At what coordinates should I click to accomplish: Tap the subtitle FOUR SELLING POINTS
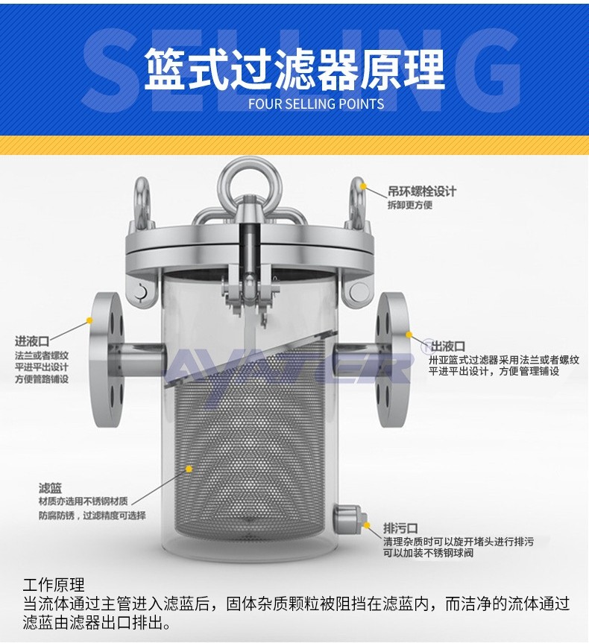tap(316, 104)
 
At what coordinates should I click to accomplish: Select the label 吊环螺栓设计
tap(422, 191)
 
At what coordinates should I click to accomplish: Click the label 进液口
tap(32, 340)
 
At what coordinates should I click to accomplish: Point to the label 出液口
tap(448, 347)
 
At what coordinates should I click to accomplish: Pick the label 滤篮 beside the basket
tap(51, 488)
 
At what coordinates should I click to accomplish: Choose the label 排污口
tap(400, 528)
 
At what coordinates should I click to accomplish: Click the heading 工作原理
tap(54, 584)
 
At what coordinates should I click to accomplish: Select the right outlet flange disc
tap(392, 359)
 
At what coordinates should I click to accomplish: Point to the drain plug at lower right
tap(347, 519)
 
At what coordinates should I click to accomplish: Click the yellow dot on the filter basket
tap(189, 469)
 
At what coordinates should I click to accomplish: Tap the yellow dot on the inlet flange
tap(89, 320)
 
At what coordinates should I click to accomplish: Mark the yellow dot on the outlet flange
tap(409, 335)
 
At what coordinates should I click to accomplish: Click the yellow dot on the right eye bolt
tap(363, 186)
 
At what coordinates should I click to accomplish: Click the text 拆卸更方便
tap(410, 205)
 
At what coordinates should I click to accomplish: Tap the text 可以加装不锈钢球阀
tap(429, 553)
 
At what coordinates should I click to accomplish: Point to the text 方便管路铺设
tap(42, 379)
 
